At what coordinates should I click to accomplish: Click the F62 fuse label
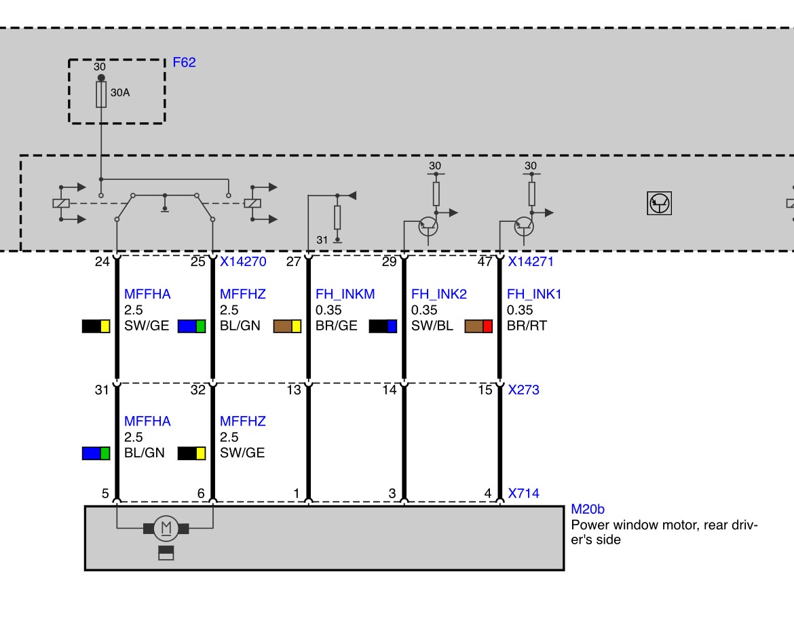click(184, 62)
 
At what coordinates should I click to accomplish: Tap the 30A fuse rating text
click(120, 93)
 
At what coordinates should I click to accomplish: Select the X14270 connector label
click(243, 261)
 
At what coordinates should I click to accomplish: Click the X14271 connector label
click(531, 261)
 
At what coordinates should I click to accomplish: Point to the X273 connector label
click(524, 390)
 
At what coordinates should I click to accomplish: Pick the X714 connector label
click(524, 493)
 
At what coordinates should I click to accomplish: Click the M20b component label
click(588, 509)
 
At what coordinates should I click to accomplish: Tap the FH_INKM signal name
click(345, 295)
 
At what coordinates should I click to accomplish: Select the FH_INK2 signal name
click(438, 295)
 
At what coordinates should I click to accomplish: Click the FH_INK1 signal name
click(533, 295)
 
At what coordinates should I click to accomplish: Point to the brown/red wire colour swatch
click(478, 326)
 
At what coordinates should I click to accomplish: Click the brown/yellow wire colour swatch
click(287, 326)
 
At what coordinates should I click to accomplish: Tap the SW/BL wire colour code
click(432, 326)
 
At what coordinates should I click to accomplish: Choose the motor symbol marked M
click(166, 528)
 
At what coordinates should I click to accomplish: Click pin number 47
click(485, 261)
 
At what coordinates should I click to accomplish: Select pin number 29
click(389, 261)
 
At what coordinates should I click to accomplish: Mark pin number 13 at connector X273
click(294, 390)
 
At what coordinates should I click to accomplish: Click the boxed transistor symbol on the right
click(660, 203)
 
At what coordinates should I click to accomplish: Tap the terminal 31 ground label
click(322, 240)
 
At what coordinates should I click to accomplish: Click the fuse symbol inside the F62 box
click(101, 94)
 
